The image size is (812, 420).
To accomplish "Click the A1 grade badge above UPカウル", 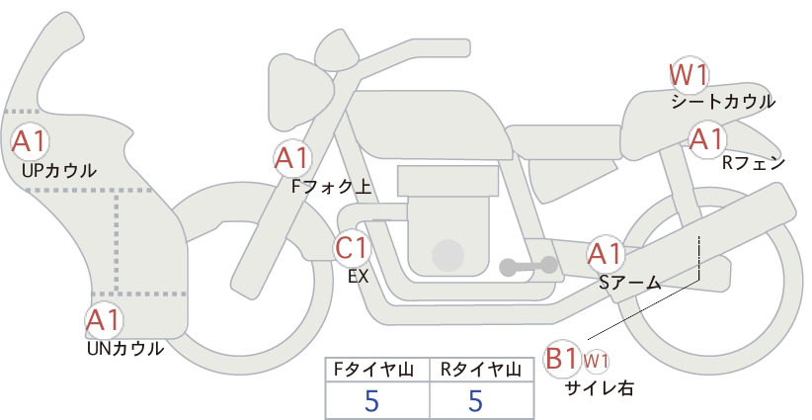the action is point(30,141).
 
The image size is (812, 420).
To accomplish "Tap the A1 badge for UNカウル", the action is point(105,320).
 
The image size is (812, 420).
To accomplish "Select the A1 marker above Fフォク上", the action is point(292,158).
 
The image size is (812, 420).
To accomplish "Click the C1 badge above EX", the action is point(352,247).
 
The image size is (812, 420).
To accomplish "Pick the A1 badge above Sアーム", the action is point(605,254).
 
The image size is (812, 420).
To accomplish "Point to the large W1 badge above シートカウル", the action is point(689,76).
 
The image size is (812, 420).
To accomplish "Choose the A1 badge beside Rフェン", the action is point(707,138).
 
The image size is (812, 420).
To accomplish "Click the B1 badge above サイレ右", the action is point(562,359).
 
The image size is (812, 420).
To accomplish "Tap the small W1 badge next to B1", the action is point(596,361).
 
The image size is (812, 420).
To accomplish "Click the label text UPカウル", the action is point(59,170).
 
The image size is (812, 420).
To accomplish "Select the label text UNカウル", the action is point(125,349).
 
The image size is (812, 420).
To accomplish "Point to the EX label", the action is point(359,277).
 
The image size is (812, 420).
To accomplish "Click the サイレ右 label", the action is point(600,388).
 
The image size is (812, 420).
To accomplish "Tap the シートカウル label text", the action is point(723,102).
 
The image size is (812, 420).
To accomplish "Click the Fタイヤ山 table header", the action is point(373,370).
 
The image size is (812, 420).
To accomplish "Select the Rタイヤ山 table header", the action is point(481,370).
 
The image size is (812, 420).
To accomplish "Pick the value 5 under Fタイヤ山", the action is point(371,400).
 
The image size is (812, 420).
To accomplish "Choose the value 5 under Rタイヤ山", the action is point(475,400).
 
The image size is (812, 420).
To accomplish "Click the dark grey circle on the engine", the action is point(447,255).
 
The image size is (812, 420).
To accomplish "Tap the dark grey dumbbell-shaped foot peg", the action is point(528,266).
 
